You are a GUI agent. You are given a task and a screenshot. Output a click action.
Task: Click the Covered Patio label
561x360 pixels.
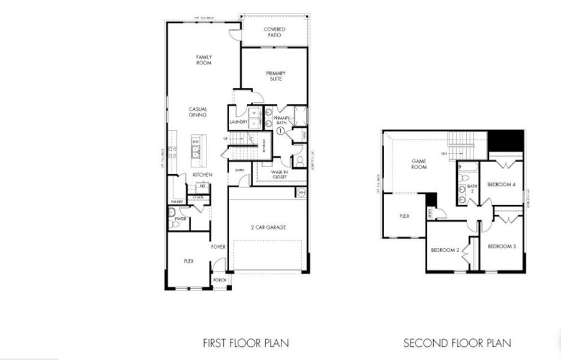pyautogui.click(x=275, y=32)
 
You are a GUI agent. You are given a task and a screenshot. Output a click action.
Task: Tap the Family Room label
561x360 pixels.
pyautogui.click(x=204, y=60)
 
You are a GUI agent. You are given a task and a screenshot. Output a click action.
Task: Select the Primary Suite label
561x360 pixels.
pyautogui.click(x=275, y=76)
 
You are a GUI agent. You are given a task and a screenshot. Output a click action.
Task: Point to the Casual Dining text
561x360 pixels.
pyautogui.click(x=198, y=112)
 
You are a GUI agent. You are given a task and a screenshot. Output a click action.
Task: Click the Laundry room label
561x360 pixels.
pyautogui.click(x=239, y=122)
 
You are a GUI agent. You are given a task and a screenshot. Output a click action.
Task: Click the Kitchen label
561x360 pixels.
pyautogui.click(x=202, y=175)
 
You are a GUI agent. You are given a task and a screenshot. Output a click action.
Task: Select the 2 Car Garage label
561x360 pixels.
pyautogui.click(x=268, y=227)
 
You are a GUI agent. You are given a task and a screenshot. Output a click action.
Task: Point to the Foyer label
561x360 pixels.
pyautogui.click(x=218, y=247)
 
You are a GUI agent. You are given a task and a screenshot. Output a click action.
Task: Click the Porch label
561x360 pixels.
pyautogui.click(x=221, y=280)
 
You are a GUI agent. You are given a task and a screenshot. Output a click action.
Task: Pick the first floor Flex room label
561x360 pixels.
pyautogui.click(x=188, y=262)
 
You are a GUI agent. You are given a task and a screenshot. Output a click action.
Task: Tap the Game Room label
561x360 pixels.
pyautogui.click(x=419, y=164)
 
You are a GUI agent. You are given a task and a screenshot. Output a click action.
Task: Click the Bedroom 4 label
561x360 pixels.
pyautogui.click(x=501, y=185)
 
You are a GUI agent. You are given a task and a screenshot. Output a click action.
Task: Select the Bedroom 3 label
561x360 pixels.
pyautogui.click(x=502, y=247)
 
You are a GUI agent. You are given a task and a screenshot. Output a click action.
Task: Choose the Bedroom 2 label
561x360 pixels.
pyautogui.click(x=445, y=250)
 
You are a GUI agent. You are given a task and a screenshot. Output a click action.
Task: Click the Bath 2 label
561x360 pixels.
pyautogui.click(x=471, y=189)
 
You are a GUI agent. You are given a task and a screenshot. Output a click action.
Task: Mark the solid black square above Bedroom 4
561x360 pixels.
pyautogui.click(x=505, y=140)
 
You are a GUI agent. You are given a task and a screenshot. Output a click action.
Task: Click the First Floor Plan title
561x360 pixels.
pyautogui.click(x=246, y=343)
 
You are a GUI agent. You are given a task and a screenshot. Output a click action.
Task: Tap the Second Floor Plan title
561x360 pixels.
pyautogui.click(x=457, y=343)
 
